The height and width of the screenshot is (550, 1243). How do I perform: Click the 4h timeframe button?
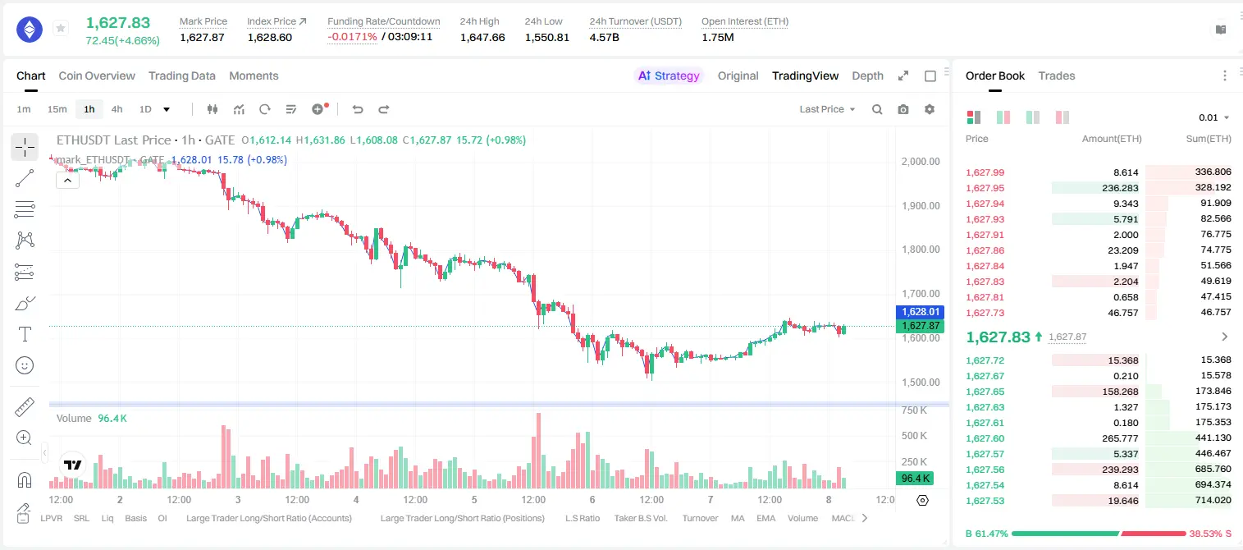pos(117,109)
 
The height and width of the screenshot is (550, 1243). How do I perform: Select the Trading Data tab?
pos(182,76)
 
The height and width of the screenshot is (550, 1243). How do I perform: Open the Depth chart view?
pos(867,76)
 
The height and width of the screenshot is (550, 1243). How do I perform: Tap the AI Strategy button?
pos(669,76)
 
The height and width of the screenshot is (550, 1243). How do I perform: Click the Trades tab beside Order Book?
pos(1057,76)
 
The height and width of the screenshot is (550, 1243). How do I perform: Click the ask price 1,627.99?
pos(985,172)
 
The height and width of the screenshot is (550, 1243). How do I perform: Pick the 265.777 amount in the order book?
pos(1120,438)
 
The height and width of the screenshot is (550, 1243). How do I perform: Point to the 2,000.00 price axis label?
pos(921,162)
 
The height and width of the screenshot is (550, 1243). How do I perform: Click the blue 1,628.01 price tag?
pos(920,312)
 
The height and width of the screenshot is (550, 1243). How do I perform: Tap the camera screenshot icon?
pos(903,109)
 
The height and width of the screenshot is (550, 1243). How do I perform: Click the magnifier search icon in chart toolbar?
pos(877,109)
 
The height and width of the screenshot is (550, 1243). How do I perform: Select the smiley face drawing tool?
pos(25,365)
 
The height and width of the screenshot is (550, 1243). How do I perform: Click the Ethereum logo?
pos(30,30)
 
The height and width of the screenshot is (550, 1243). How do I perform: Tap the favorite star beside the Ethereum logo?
pos(61,28)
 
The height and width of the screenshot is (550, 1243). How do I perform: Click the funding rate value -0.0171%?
pos(352,37)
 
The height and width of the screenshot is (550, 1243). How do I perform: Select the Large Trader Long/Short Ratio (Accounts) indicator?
pos(268,518)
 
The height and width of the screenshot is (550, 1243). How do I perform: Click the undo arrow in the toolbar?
pos(358,109)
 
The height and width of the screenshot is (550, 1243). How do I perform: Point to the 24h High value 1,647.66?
pos(482,37)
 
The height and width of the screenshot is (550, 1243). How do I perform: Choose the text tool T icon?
pos(25,334)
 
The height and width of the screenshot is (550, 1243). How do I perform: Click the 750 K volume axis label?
pos(914,410)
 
